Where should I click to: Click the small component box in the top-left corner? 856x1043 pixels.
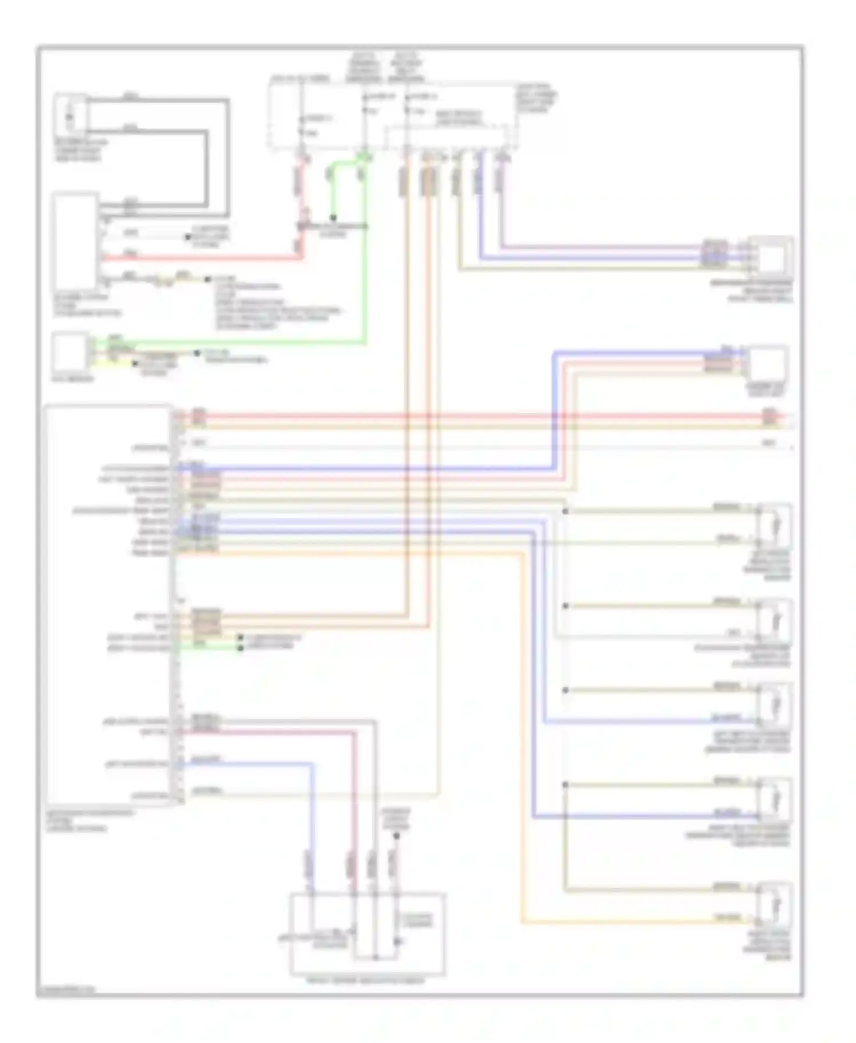coord(70,114)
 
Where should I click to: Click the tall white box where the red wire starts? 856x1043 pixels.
coord(75,242)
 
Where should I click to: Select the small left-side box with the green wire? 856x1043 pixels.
coord(70,353)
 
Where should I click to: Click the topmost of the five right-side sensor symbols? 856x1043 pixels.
coord(774,524)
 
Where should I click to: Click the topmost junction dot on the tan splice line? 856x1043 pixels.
coord(565,511)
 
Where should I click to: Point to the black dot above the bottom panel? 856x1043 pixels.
coord(397,836)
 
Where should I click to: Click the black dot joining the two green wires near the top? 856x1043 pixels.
coord(333,218)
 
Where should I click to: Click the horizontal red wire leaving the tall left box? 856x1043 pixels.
coord(200,258)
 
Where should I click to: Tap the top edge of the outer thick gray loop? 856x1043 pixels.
coord(160,101)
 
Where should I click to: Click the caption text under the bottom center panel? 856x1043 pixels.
coord(365,981)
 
